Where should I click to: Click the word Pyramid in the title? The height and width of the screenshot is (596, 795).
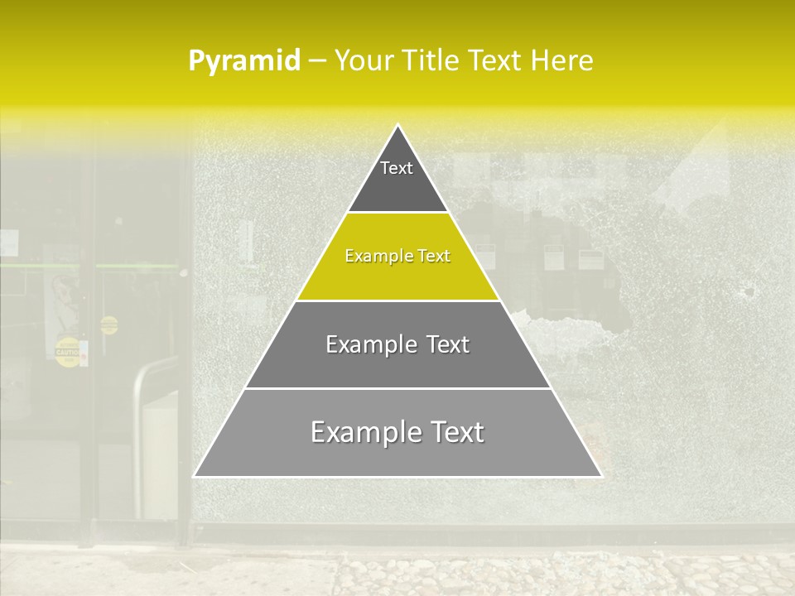[x=243, y=61]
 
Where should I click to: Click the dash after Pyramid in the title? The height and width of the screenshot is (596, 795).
[x=316, y=61]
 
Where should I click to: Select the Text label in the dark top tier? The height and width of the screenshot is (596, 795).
[x=397, y=168]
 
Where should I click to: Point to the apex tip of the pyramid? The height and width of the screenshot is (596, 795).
[x=397, y=126]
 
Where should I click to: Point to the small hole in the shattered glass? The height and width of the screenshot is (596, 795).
[x=749, y=291]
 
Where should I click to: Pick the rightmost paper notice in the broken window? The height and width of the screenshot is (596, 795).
[x=590, y=258]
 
